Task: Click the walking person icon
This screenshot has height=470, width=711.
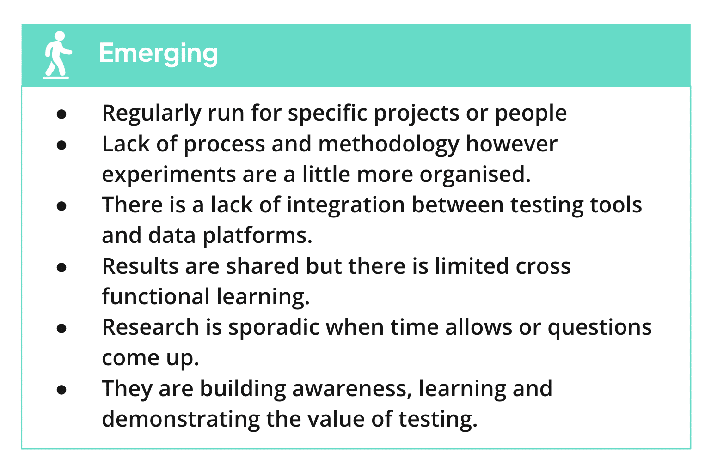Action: (57, 55)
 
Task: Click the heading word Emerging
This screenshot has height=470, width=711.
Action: (159, 54)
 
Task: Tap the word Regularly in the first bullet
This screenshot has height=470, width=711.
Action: (152, 114)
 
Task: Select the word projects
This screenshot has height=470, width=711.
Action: (417, 114)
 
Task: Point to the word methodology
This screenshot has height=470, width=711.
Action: (389, 145)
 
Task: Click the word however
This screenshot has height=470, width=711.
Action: (511, 144)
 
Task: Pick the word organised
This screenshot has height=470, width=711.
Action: (475, 175)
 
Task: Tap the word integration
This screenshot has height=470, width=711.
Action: (346, 205)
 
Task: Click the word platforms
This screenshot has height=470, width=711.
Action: (257, 236)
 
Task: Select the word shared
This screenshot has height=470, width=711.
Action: (263, 266)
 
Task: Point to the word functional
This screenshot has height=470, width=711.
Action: (156, 297)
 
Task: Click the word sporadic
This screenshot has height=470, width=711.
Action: (274, 327)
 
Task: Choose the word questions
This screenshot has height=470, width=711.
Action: (600, 328)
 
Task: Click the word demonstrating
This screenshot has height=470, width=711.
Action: (181, 420)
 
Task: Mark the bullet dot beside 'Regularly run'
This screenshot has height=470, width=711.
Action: (61, 114)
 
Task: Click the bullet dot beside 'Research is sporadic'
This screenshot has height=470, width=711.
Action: (61, 328)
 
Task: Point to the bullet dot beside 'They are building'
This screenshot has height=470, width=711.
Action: (61, 390)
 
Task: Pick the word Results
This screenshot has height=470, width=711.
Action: (140, 266)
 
